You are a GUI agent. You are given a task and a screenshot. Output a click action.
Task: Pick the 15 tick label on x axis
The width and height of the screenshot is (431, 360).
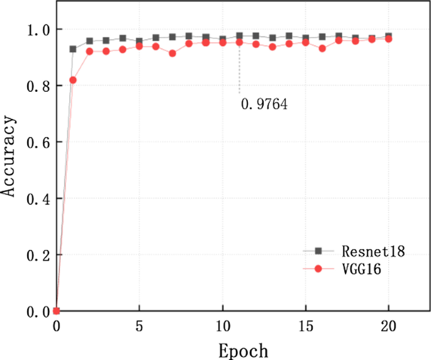pos(306,327)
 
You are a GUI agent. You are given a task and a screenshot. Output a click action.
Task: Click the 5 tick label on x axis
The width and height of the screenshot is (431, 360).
pos(140,327)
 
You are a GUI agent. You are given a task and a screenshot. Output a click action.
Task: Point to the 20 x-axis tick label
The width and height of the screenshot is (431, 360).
pos(389,327)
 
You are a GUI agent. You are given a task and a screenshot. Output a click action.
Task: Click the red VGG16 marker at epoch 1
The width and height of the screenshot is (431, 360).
pos(73,80)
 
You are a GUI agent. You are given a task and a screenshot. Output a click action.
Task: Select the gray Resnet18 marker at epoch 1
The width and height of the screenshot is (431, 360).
pos(73,49)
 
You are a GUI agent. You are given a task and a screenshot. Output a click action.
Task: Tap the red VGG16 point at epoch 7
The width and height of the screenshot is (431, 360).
pos(172,53)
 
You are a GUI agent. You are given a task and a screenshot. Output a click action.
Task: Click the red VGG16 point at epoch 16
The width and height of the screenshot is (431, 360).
pos(322,48)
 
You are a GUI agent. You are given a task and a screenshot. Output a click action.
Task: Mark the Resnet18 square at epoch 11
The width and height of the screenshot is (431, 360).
pos(239,36)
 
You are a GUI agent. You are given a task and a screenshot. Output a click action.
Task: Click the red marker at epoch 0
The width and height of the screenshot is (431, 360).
pos(57,311)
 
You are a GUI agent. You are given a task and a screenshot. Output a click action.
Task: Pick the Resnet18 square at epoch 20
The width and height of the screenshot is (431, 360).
pos(388,37)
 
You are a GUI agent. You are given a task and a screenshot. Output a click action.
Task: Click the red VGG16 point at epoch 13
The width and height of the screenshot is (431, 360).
pos(272,47)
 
